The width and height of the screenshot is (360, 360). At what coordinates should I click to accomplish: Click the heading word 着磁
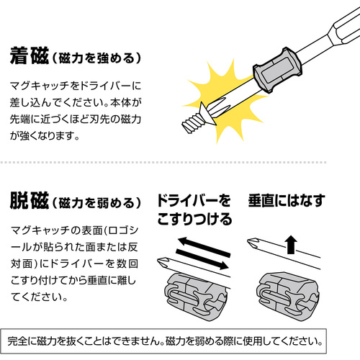30,56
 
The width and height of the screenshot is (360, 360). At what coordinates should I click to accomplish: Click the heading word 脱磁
30,201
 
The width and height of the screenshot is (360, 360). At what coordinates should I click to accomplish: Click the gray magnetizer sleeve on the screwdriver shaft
278,70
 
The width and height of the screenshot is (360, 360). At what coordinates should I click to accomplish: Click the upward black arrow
291,245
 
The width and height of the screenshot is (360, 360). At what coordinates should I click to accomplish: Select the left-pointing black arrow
204,247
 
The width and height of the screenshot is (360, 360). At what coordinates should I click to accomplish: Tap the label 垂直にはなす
287,201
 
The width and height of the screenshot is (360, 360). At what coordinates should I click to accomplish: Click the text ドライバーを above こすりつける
194,201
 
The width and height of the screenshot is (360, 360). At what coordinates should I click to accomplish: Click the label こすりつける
194,219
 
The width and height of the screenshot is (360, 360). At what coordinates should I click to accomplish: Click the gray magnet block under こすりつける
196,297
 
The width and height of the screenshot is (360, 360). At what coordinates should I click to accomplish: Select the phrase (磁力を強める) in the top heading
96,58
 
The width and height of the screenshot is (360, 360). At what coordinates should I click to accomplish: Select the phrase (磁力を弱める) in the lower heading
96,203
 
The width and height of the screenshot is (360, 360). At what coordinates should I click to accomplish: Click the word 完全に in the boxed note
22,341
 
